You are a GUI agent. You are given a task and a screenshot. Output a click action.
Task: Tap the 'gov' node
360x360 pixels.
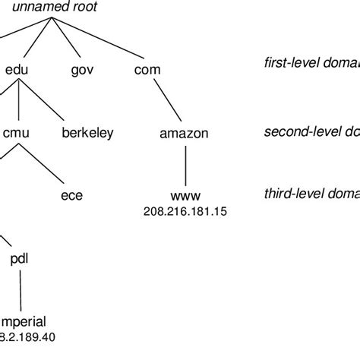81,70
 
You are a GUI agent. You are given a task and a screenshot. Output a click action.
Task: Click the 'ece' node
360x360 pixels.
71,196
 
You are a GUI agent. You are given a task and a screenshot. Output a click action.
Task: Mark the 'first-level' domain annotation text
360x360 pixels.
308,70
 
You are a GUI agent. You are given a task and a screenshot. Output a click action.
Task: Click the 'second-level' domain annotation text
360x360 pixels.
311,133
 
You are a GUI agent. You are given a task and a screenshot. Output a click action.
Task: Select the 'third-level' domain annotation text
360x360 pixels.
311,195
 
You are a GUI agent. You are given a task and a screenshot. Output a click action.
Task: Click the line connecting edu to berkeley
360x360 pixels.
49,102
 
